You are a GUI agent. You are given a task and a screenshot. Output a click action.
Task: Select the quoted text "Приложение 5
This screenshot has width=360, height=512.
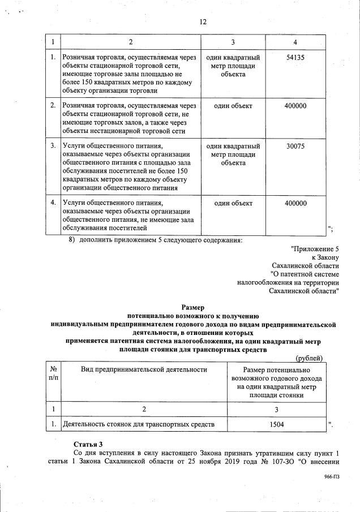click(x=314, y=249)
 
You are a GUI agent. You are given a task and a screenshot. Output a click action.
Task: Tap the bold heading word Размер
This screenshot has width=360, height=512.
click(x=193, y=307)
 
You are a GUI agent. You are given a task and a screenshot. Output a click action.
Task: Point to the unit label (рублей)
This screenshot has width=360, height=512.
click(x=310, y=358)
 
